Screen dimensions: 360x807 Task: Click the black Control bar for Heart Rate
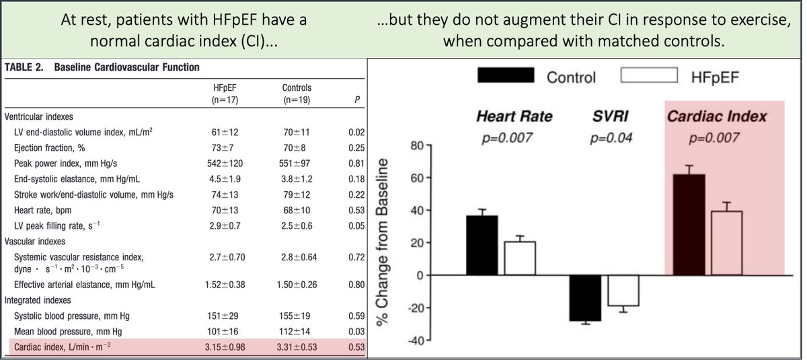click(x=482, y=246)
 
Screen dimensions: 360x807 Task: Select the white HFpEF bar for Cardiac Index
click(x=726, y=243)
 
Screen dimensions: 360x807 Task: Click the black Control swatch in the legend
click(x=505, y=75)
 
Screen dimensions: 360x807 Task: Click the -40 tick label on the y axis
click(x=416, y=340)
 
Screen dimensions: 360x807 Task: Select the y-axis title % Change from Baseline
click(x=388, y=242)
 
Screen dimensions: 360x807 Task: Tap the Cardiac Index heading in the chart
click(x=716, y=116)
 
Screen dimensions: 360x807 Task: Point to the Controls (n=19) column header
click(x=297, y=94)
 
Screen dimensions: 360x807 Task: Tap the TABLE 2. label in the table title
click(x=25, y=67)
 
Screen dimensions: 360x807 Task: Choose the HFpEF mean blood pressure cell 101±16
click(x=225, y=332)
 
